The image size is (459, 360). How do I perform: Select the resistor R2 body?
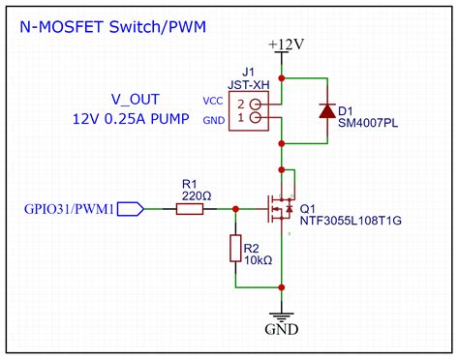[x=234, y=248]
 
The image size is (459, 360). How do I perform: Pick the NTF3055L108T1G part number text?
[x=350, y=221]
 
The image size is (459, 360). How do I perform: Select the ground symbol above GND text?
[x=281, y=315]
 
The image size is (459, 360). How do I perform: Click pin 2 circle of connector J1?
[x=256, y=103]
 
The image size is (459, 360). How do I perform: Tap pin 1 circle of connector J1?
[x=256, y=118]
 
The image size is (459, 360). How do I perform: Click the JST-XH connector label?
[x=247, y=83]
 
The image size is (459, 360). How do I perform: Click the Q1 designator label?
[x=309, y=207]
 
